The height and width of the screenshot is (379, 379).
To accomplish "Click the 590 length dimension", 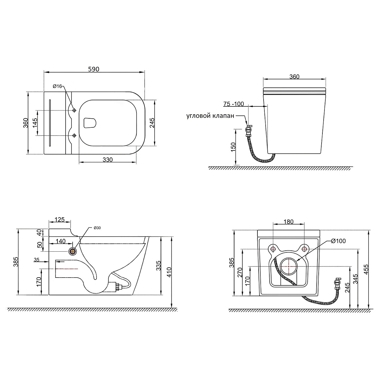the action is tap(94, 69).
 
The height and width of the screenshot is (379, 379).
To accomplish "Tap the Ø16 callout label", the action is tap(57, 86).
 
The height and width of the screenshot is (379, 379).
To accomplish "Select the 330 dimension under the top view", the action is tap(108, 160).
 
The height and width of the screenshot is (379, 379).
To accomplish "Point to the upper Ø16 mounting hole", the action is tap(74, 110).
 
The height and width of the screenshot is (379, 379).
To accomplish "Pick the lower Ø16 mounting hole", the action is tap(74, 135).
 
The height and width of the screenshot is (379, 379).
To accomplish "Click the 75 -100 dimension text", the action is tap(234, 104).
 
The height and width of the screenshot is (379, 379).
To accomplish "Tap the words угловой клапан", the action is tap(210, 116).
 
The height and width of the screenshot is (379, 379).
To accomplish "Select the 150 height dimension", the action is tap(233, 147).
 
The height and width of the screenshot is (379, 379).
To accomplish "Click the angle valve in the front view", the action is tap(248, 130).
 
